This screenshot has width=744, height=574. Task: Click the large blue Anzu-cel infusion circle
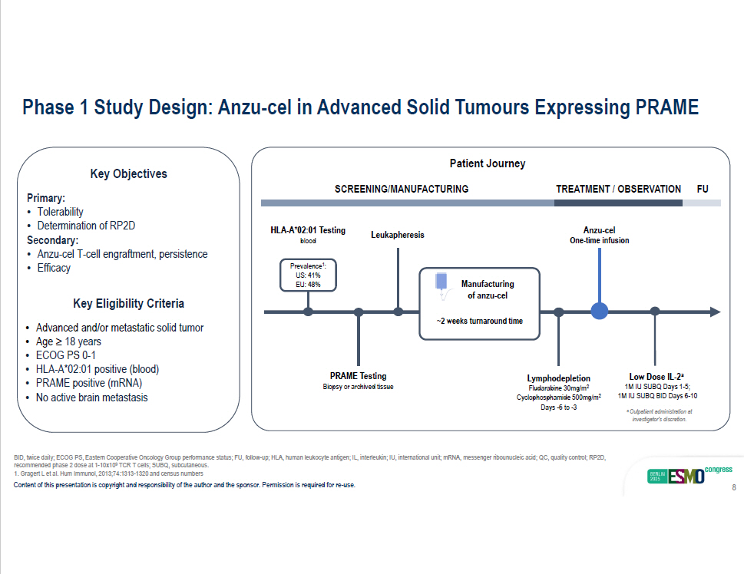pos(600,312)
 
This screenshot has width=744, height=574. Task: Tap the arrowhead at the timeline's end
pos(716,312)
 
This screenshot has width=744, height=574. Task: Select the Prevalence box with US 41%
pos(308,275)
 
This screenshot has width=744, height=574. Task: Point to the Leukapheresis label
pos(398,235)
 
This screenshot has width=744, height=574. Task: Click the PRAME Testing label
pos(359,376)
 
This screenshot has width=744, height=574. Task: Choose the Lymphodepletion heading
pos(558,378)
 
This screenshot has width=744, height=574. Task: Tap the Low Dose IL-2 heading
pos(656,377)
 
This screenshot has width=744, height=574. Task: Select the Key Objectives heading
pos(128,173)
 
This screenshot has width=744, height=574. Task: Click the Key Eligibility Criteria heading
pos(128,303)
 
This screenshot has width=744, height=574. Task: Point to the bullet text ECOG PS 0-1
pos(66,355)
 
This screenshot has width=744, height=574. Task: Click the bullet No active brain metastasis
pos(92,398)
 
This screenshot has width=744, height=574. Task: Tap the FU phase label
pos(703,189)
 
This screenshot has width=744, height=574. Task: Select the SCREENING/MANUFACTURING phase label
pos(402,189)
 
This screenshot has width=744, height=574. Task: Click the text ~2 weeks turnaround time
pos(480,322)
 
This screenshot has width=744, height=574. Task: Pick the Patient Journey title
pos(488,163)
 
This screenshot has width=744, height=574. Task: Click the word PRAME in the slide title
pos(666,107)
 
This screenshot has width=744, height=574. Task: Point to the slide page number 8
pos(734,487)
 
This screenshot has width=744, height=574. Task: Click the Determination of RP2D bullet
pos(86,226)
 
